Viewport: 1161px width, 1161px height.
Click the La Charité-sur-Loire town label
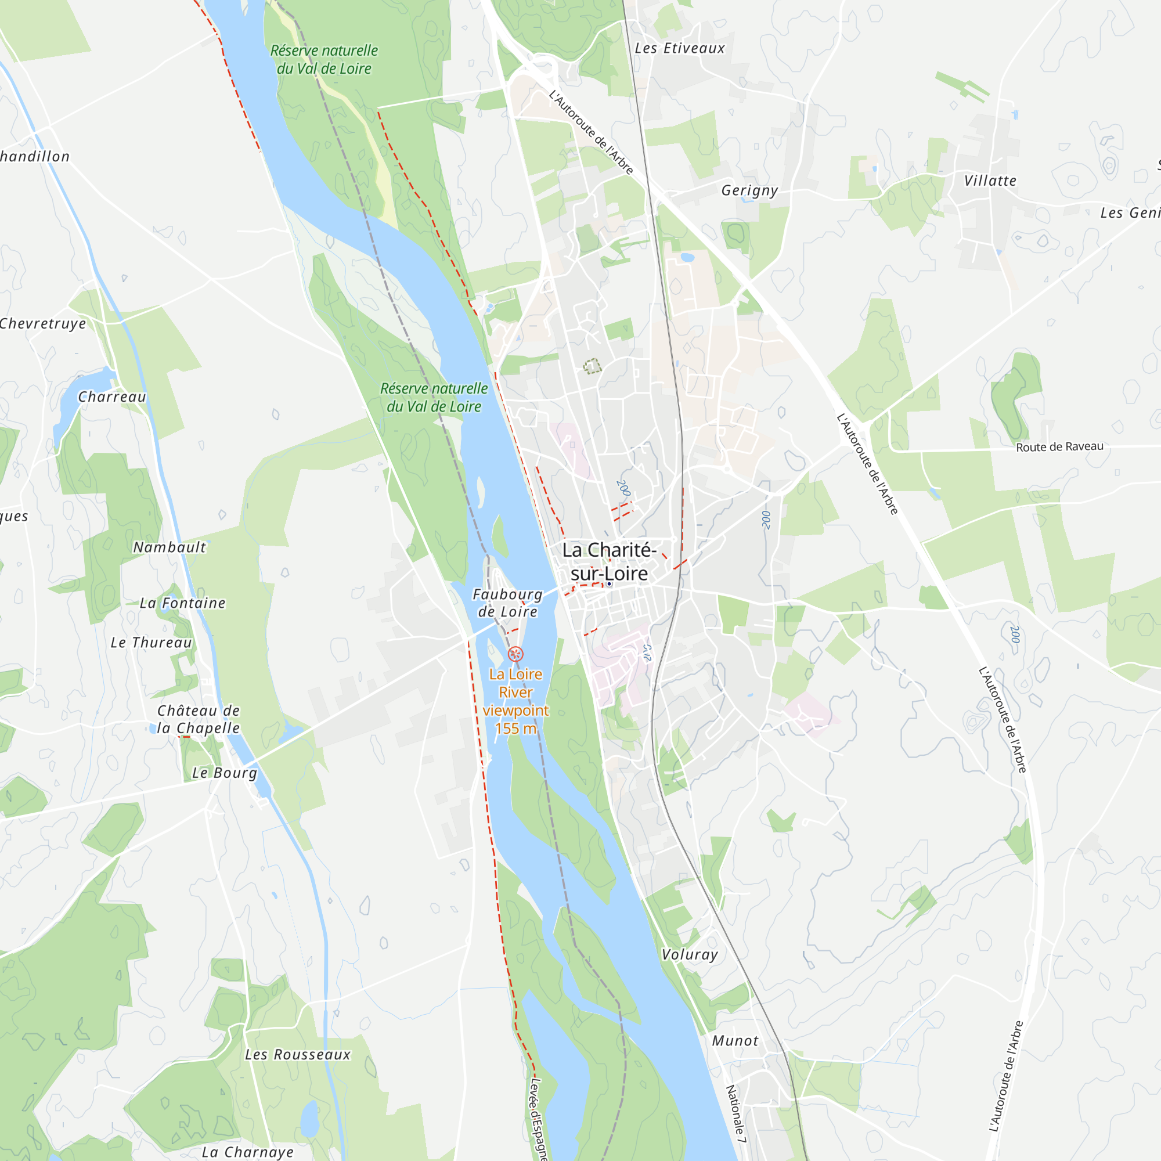point(609,561)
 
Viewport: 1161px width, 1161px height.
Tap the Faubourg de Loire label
point(508,603)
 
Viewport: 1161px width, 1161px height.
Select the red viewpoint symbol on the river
point(515,654)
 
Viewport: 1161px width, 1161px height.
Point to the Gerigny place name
point(749,190)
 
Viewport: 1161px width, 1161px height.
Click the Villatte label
point(990,181)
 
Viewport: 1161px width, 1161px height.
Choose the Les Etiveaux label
point(680,49)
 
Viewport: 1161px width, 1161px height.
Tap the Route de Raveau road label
point(1059,446)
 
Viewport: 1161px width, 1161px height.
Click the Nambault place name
point(170,547)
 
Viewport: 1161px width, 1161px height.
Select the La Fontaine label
point(183,603)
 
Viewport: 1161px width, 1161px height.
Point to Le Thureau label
point(152,643)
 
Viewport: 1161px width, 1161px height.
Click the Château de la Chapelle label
point(199,719)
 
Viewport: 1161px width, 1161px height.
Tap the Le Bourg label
point(224,773)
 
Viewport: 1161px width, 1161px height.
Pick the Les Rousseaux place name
point(297,1055)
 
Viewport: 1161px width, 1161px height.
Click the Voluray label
point(689,954)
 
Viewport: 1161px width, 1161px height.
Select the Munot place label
point(735,1041)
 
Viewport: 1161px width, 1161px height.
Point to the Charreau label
point(113,397)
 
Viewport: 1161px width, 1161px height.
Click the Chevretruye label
point(44,324)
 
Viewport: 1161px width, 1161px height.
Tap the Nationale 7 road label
point(735,1113)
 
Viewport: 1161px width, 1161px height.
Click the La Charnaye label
point(248,1152)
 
